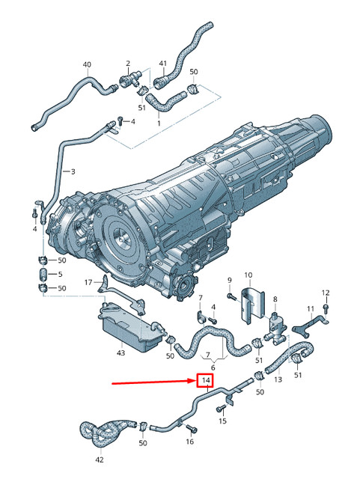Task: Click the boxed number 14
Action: [205, 381]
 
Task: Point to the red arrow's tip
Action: [194, 382]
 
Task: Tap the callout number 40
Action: [87, 65]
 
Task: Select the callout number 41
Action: [162, 65]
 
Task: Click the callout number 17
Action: [88, 282]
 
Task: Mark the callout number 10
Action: [248, 275]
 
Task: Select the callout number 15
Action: [222, 422]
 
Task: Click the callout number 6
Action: [213, 367]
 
